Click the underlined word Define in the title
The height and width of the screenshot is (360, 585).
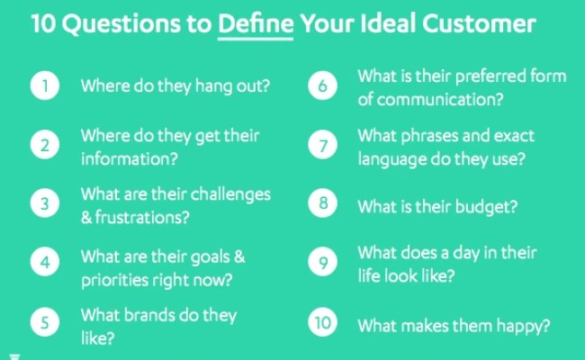[x=256, y=23]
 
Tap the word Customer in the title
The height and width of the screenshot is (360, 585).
[x=487, y=23]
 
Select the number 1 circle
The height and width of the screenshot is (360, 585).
[x=44, y=86]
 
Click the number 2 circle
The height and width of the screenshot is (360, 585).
[x=44, y=146]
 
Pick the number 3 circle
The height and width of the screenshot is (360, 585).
[x=44, y=204]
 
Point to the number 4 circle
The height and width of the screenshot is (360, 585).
[x=44, y=263]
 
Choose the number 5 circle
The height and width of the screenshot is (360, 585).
[x=44, y=322]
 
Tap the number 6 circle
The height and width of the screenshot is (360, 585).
[x=323, y=86]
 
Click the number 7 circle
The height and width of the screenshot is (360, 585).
[x=323, y=146]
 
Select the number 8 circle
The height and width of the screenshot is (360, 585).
[x=323, y=204]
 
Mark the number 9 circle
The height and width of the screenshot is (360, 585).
[x=323, y=263]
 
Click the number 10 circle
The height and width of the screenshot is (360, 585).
[x=321, y=322]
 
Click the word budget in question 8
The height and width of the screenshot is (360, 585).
[x=486, y=206]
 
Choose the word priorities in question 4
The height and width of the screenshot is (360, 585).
[x=114, y=279]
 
